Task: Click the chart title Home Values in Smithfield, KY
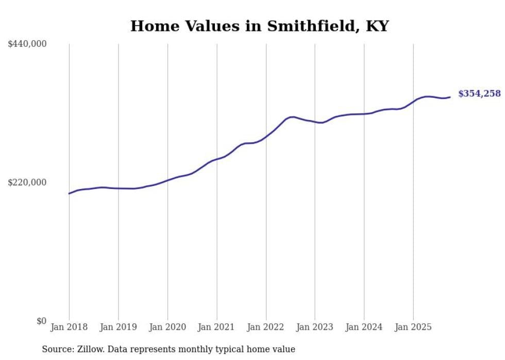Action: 259,26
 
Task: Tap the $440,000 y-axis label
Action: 27,44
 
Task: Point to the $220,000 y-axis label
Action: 27,182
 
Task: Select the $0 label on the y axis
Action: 42,321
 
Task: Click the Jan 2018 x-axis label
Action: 69,327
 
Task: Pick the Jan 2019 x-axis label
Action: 118,327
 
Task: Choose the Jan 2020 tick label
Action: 167,327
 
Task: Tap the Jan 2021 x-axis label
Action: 216,327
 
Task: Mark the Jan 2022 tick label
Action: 266,327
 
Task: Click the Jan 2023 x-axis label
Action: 315,327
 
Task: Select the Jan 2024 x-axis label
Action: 364,327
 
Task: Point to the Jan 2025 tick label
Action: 413,327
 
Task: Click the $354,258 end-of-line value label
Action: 479,94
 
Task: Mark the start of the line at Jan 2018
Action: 69,194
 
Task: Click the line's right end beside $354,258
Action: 450,97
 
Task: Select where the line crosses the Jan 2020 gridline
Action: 167,180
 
